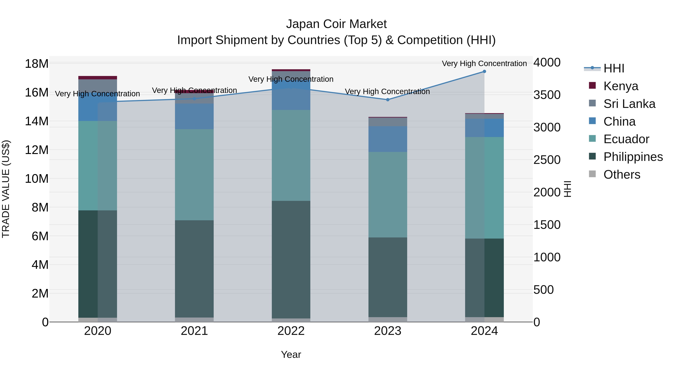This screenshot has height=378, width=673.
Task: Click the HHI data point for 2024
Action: (484, 71)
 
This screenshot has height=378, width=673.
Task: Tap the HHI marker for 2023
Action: (388, 100)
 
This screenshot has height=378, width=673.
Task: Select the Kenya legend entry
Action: (620, 86)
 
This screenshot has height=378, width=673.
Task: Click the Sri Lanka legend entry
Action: (629, 104)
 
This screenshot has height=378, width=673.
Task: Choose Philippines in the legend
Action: (633, 157)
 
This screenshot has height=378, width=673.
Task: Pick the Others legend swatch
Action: (592, 174)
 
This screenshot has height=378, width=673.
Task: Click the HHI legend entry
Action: (614, 68)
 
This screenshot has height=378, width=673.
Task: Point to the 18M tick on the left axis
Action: (37, 64)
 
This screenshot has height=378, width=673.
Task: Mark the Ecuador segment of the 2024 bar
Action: (484, 188)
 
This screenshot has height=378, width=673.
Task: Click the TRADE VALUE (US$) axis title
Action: (6, 189)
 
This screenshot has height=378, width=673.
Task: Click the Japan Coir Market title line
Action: (336, 24)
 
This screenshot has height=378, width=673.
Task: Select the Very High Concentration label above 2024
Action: (484, 63)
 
